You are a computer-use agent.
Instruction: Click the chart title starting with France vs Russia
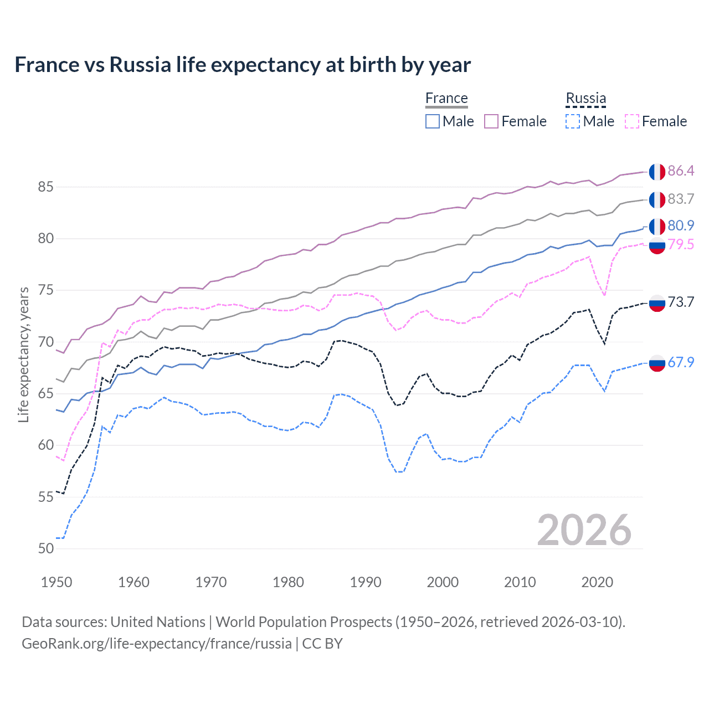point(243,65)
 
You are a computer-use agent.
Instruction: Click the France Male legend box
point(433,121)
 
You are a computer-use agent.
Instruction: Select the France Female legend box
point(491,121)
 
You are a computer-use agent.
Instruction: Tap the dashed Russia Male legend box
point(573,121)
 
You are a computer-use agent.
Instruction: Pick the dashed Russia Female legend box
point(632,121)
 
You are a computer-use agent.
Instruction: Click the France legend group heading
point(446,99)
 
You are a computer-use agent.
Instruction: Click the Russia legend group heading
point(585,99)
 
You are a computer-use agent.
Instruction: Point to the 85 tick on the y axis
point(45,187)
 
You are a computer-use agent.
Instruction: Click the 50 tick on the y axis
point(45,549)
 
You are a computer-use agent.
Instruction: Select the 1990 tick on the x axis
point(366,582)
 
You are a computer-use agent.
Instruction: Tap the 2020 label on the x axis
point(597,582)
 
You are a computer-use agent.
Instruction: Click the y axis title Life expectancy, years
point(23,354)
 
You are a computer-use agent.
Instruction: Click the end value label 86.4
point(681,171)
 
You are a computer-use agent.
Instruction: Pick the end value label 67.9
point(681,362)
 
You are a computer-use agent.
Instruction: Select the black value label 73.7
point(681,302)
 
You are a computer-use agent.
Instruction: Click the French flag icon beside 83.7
point(657,199)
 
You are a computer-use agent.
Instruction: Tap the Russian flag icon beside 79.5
point(657,245)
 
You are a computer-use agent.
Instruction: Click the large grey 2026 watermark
point(584,530)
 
